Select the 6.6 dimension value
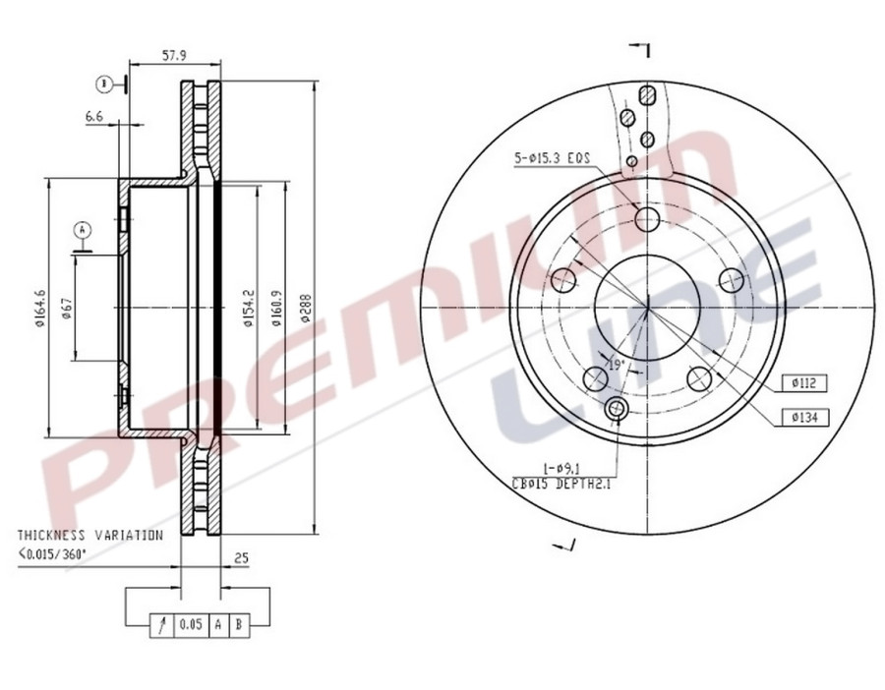click(94, 116)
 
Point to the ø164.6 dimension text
click(40, 308)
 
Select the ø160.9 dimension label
click(276, 308)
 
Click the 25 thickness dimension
click(241, 558)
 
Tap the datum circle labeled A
click(84, 229)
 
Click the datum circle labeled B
click(103, 85)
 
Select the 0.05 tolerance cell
click(191, 623)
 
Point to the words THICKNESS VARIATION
click(89, 536)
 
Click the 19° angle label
click(616, 364)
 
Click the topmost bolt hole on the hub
click(646, 218)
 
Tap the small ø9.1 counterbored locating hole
click(618, 409)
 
